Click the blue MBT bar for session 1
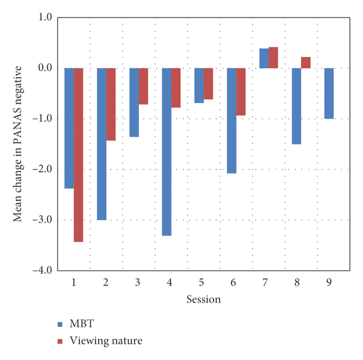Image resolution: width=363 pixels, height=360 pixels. [69, 128]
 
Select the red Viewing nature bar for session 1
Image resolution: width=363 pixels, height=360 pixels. [79, 155]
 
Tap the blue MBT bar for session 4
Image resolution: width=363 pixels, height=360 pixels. [166, 152]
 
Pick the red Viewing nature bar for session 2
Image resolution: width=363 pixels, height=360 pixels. [111, 104]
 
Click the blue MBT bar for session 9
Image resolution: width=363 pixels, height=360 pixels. [329, 93]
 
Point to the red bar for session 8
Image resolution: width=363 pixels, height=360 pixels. [306, 62]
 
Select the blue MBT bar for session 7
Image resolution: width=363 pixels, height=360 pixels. [264, 58]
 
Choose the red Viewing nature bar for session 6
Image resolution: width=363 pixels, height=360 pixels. [241, 91]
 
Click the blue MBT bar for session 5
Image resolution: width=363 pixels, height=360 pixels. [199, 85]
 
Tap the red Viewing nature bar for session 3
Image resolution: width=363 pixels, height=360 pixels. [143, 86]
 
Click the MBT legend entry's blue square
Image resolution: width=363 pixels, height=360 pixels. [60, 324]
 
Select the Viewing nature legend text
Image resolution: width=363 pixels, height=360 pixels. [106, 341]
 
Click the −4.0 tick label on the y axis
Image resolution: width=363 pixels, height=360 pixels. [42, 270]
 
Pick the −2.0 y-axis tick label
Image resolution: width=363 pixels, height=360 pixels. [42, 169]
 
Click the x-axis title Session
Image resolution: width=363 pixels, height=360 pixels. [203, 299]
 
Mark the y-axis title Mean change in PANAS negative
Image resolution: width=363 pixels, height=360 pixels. [19, 143]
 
